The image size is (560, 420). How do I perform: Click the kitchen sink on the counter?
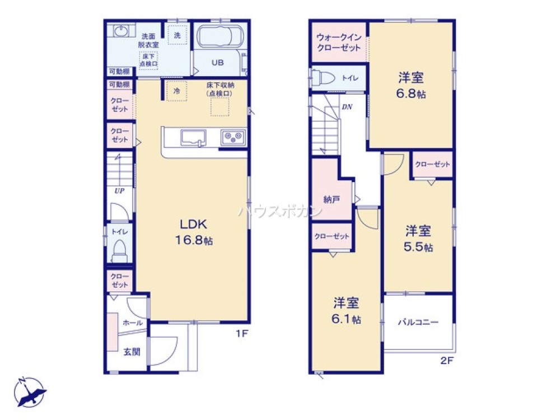[193, 138]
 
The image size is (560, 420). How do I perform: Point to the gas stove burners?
[234, 137]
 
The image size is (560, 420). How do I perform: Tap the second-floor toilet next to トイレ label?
[323, 77]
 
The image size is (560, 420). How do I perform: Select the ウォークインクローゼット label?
[339, 43]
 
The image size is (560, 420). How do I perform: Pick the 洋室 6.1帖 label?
[347, 311]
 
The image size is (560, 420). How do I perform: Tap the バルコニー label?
[418, 322]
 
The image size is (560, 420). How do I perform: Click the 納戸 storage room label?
[331, 199]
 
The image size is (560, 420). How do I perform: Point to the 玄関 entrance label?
[132, 352]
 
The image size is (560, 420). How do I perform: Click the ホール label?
[133, 323]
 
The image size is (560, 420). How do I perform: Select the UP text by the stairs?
[119, 190]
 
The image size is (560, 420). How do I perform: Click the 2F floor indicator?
[446, 361]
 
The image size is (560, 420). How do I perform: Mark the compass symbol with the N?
[30, 393]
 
